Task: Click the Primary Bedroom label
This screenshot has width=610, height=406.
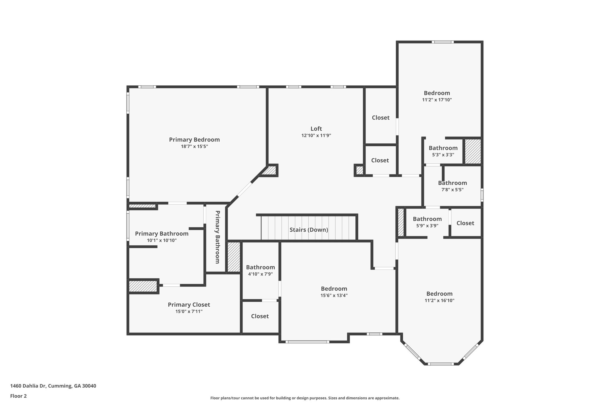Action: [194, 139]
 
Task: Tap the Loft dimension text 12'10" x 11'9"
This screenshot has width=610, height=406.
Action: [316, 136]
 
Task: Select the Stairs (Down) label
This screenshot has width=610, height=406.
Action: [309, 230]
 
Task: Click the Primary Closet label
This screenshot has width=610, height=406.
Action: [189, 305]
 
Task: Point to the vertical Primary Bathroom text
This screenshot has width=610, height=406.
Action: [217, 237]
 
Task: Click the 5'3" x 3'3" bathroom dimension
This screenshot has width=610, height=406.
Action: [443, 155]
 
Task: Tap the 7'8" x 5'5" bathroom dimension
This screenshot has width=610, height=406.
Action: [452, 190]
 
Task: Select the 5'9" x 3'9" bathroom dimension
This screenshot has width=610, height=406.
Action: [427, 226]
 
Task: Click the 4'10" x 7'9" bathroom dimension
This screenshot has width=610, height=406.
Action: [260, 274]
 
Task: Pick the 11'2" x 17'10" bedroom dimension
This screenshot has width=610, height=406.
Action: [437, 100]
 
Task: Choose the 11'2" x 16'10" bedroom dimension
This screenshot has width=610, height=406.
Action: [439, 300]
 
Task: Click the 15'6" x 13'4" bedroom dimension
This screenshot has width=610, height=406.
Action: [334, 295]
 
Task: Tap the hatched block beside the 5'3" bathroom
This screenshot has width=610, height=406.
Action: [473, 151]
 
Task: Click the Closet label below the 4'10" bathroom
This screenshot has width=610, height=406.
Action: [260, 316]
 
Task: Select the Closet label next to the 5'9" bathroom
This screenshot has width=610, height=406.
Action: [465, 223]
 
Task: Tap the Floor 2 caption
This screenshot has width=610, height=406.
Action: [18, 396]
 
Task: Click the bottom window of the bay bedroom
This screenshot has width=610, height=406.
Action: [441, 364]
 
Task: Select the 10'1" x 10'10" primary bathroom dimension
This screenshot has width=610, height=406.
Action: [162, 240]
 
